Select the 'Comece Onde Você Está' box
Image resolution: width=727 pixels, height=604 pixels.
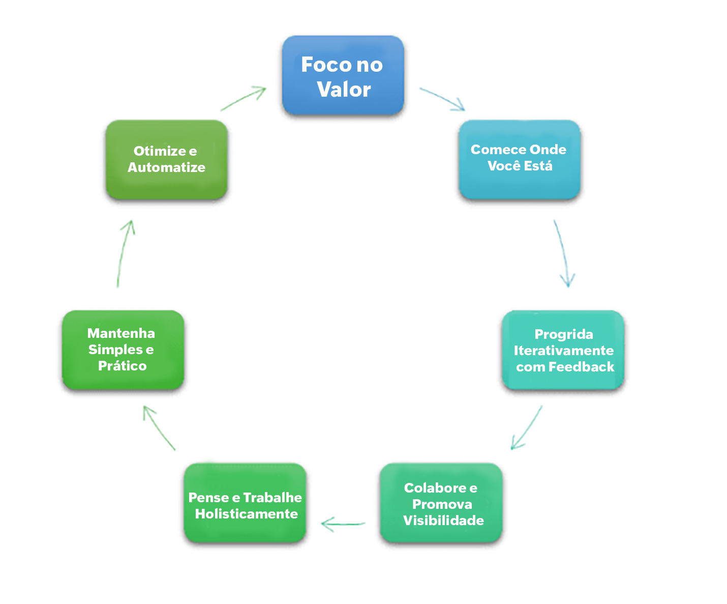coord(519,159)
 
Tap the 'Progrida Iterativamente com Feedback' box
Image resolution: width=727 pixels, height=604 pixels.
coord(563,350)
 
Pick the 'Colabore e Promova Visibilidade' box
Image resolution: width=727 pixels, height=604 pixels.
coord(441,503)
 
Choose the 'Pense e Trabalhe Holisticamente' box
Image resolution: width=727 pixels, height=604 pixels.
coord(245,503)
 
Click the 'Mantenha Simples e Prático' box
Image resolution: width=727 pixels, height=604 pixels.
coord(123,350)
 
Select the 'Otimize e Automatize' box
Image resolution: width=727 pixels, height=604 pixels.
coord(166,159)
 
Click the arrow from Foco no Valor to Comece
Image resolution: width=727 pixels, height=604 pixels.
coord(442,98)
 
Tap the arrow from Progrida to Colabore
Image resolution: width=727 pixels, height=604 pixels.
coord(527,427)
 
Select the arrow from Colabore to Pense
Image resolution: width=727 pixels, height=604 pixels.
coord(343,524)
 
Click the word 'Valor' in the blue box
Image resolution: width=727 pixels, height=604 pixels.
coord(344,90)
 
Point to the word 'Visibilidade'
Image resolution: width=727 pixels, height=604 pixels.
coord(443,521)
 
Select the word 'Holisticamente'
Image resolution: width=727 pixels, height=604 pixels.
coord(247,514)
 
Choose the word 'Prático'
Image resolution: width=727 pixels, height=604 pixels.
coord(123,366)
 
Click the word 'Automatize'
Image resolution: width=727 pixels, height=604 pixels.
coord(166,167)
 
